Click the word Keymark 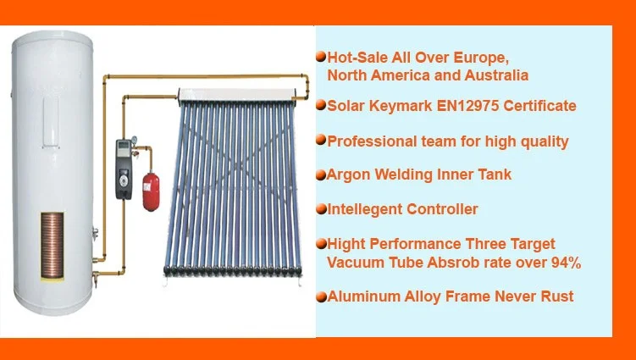pos(400,106)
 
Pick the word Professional pos(368,141)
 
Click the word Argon pos(347,174)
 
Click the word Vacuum pos(357,263)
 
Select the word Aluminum pos(361,296)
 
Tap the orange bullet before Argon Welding pos(320,175)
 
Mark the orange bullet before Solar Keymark pos(320,106)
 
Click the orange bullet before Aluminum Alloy pos(320,297)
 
